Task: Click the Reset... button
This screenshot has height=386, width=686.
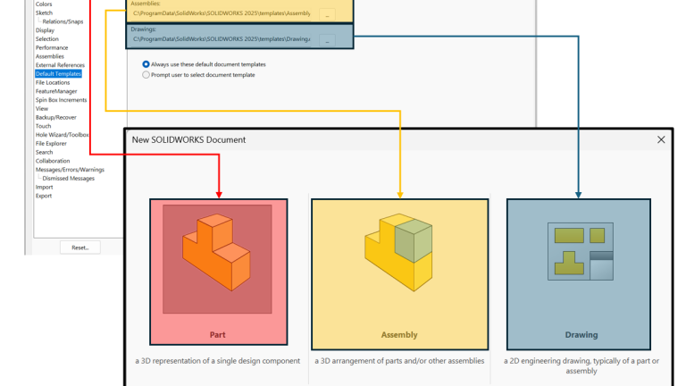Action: pos(79,248)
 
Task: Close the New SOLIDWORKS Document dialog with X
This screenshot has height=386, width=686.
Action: pos(661,140)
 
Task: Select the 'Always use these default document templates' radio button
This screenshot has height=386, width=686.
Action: pos(146,64)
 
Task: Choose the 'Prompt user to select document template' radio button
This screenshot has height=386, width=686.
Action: pos(146,75)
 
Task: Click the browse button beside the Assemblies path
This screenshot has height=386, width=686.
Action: pos(328,14)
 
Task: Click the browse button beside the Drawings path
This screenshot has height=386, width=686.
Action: pos(328,40)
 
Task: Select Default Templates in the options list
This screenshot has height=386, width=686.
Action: pos(59,73)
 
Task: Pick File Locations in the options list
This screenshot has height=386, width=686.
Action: pos(53,82)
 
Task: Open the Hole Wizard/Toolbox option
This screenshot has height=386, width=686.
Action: pos(62,134)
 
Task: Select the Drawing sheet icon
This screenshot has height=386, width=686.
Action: pos(579,250)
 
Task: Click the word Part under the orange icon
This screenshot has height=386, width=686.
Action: pos(218,335)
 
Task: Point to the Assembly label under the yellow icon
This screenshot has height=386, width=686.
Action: pos(399,335)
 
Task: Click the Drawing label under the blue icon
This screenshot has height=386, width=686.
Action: pos(581,335)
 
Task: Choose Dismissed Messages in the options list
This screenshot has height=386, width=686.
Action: pos(68,178)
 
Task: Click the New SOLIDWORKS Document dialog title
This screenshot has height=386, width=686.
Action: pos(188,140)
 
